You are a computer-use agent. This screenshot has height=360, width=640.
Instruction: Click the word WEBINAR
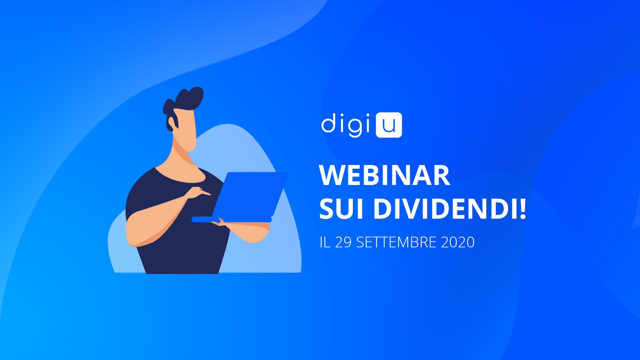coord(385,175)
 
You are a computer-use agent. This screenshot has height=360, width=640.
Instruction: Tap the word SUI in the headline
coord(341,209)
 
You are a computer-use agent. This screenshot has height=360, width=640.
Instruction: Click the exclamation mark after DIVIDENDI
coord(522,209)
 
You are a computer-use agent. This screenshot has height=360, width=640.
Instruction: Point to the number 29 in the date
coord(343,242)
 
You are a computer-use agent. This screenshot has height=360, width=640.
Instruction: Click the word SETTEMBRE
coord(396,242)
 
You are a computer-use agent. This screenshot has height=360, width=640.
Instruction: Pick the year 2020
coord(458,242)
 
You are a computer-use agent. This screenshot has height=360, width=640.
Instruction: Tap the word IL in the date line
coord(325,242)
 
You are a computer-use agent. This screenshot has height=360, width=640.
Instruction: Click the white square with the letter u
coord(389,125)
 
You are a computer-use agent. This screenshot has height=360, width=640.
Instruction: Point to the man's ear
coord(171,124)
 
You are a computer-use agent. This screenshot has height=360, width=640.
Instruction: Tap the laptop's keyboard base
coord(232,219)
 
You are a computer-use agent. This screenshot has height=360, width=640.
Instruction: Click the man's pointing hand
coord(198,193)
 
